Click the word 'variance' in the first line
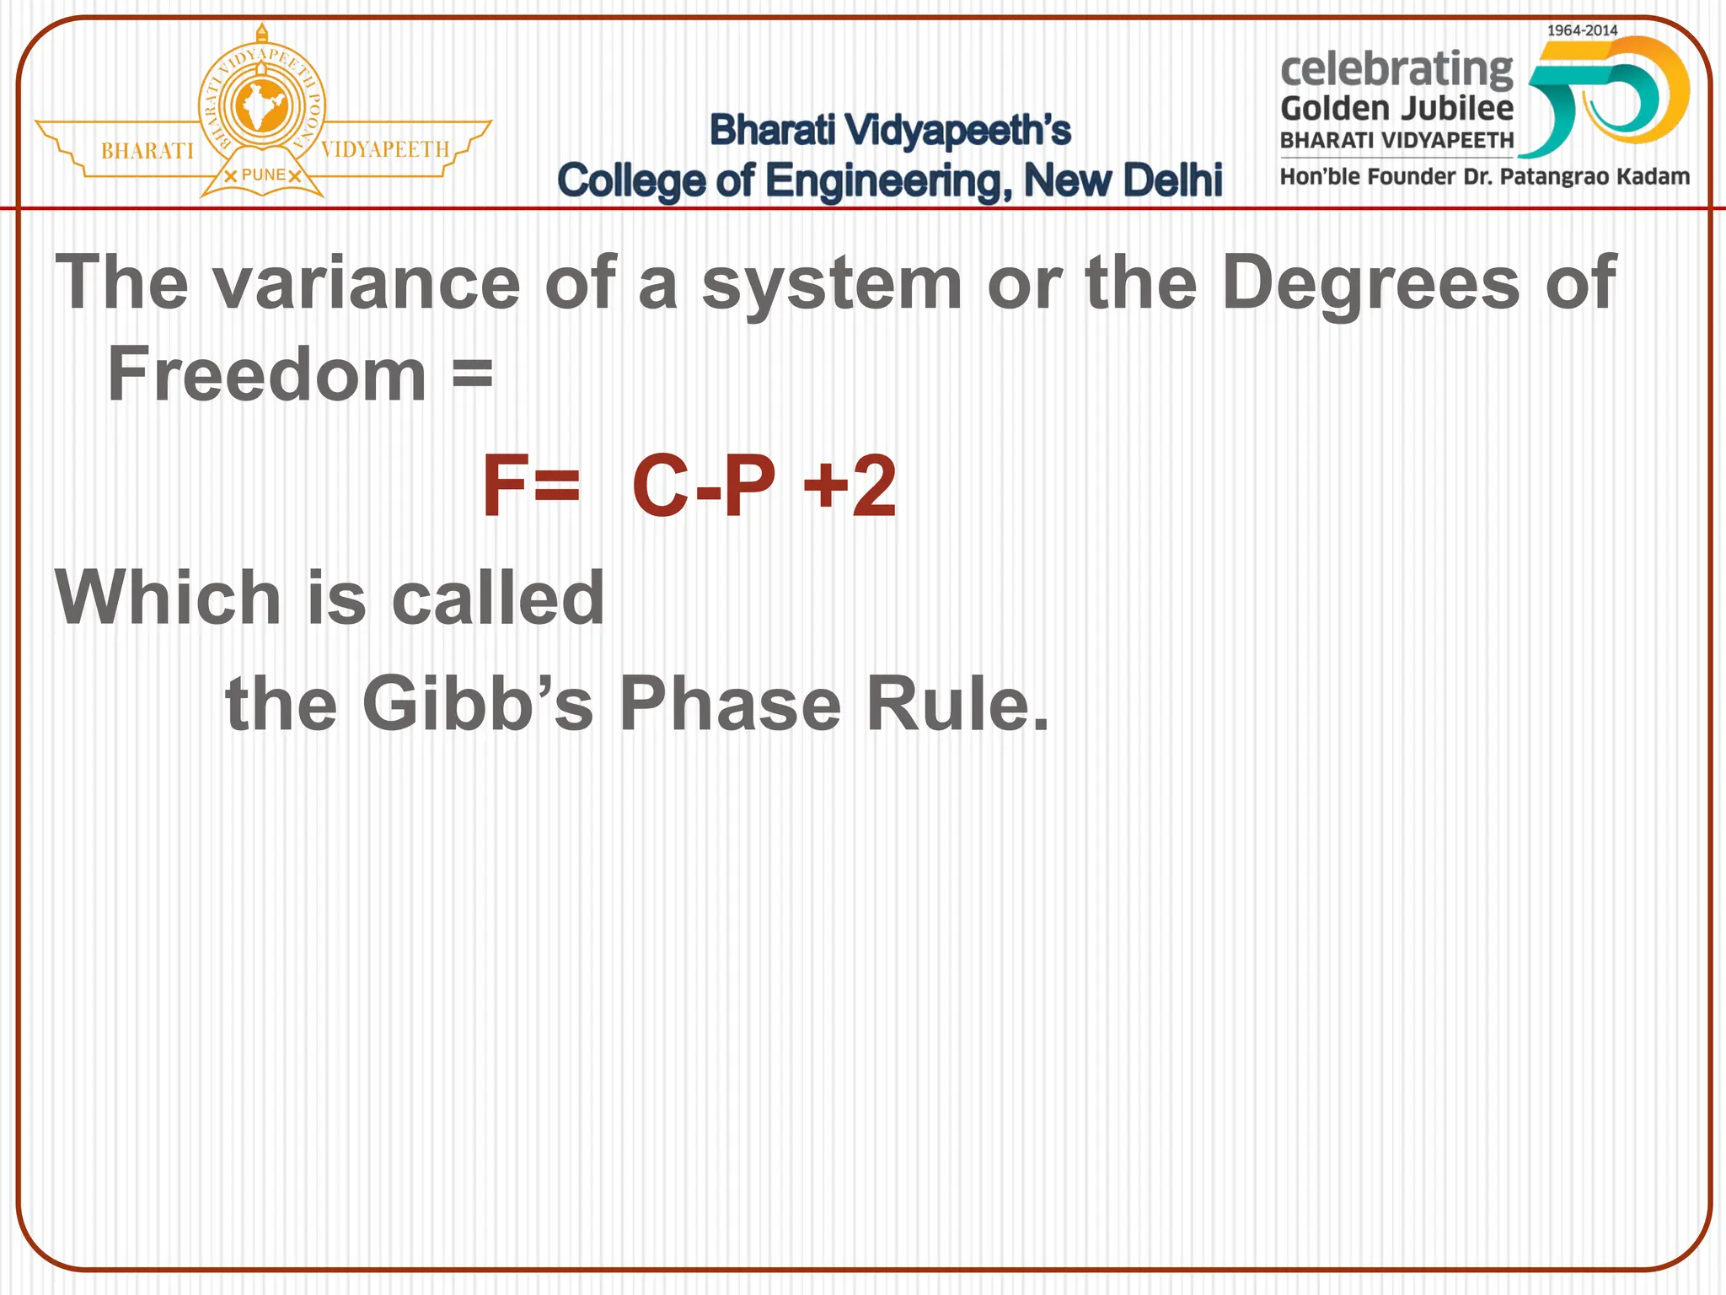tap(366, 283)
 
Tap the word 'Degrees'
tap(1370, 283)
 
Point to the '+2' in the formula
tap(849, 486)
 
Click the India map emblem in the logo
tap(261, 108)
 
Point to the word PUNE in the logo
tap(263, 175)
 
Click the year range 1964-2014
tap(1582, 30)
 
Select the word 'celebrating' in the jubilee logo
tap(1396, 69)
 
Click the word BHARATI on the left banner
tap(147, 151)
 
